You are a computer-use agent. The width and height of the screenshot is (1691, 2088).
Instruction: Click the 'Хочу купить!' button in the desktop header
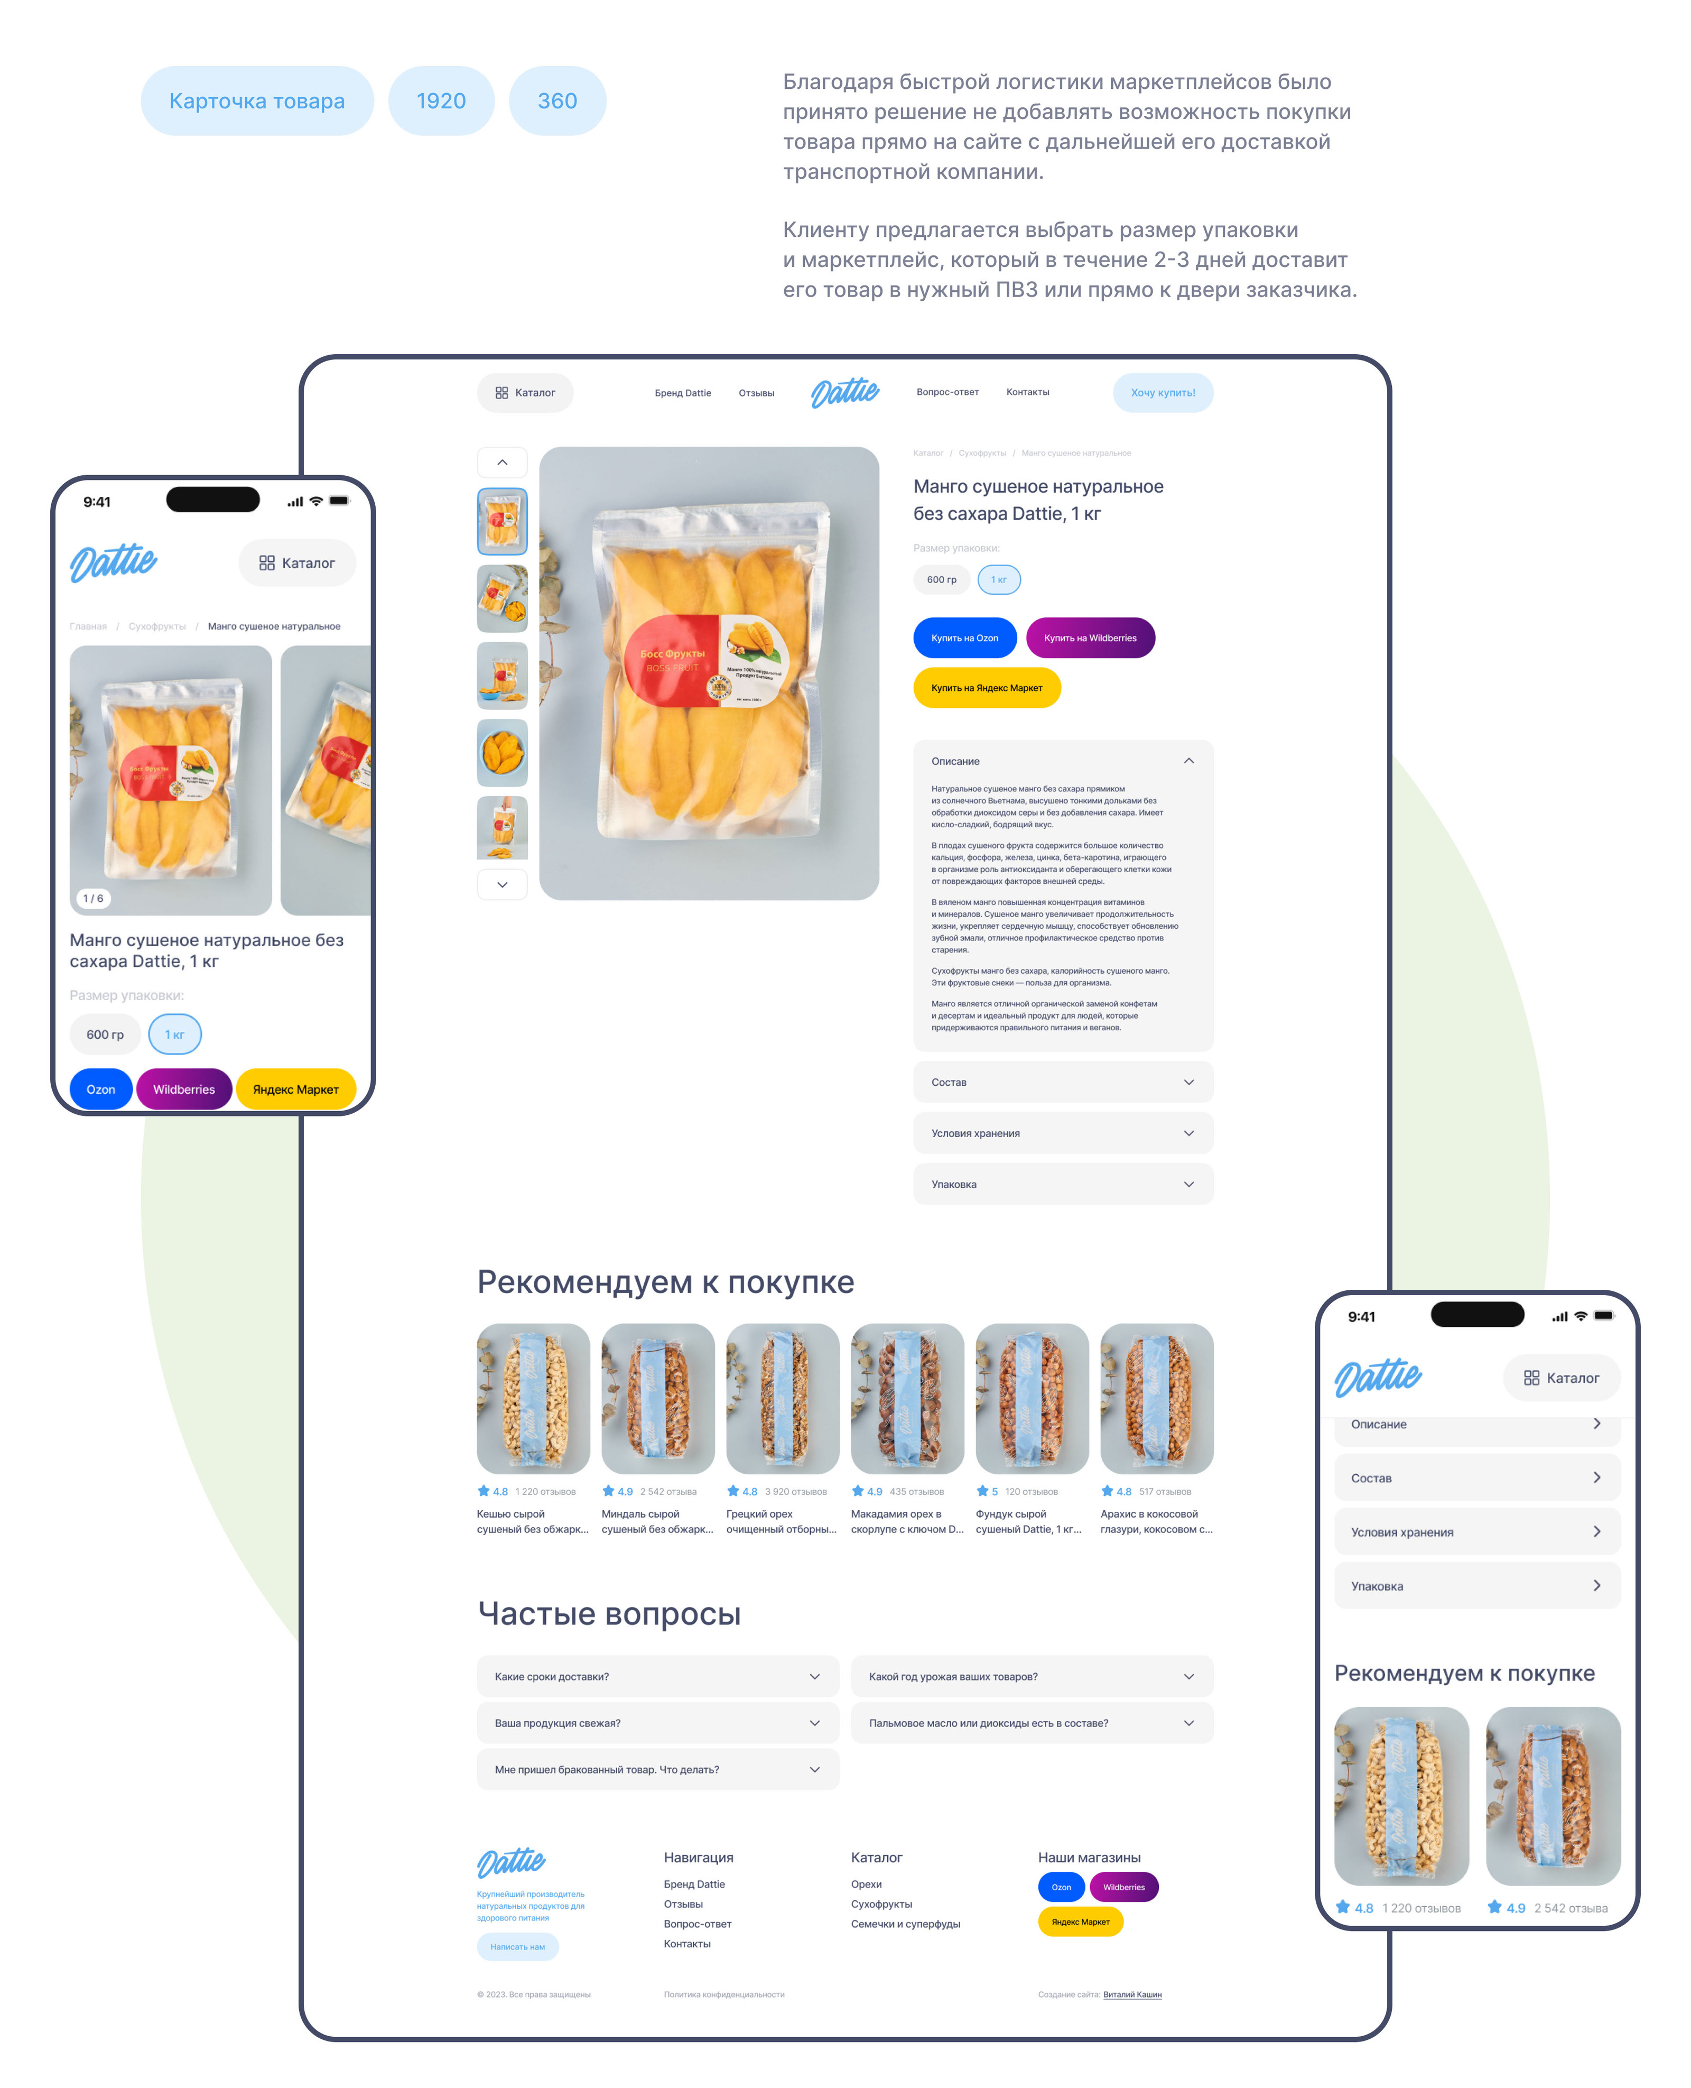1162,393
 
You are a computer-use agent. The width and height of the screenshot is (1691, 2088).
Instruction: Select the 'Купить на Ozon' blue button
964,638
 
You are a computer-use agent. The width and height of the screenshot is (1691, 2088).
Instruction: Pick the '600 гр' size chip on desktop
941,580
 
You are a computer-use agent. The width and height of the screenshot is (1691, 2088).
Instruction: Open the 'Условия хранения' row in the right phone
1476,1532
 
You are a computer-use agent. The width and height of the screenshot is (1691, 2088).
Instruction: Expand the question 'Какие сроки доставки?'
657,1677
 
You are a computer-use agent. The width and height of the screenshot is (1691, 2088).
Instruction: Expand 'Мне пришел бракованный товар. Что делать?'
657,1769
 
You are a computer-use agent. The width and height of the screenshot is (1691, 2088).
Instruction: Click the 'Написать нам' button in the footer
517,1947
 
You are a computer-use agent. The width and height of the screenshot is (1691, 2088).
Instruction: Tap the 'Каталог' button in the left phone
297,563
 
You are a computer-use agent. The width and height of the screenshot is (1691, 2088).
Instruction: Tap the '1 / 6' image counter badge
94,898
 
